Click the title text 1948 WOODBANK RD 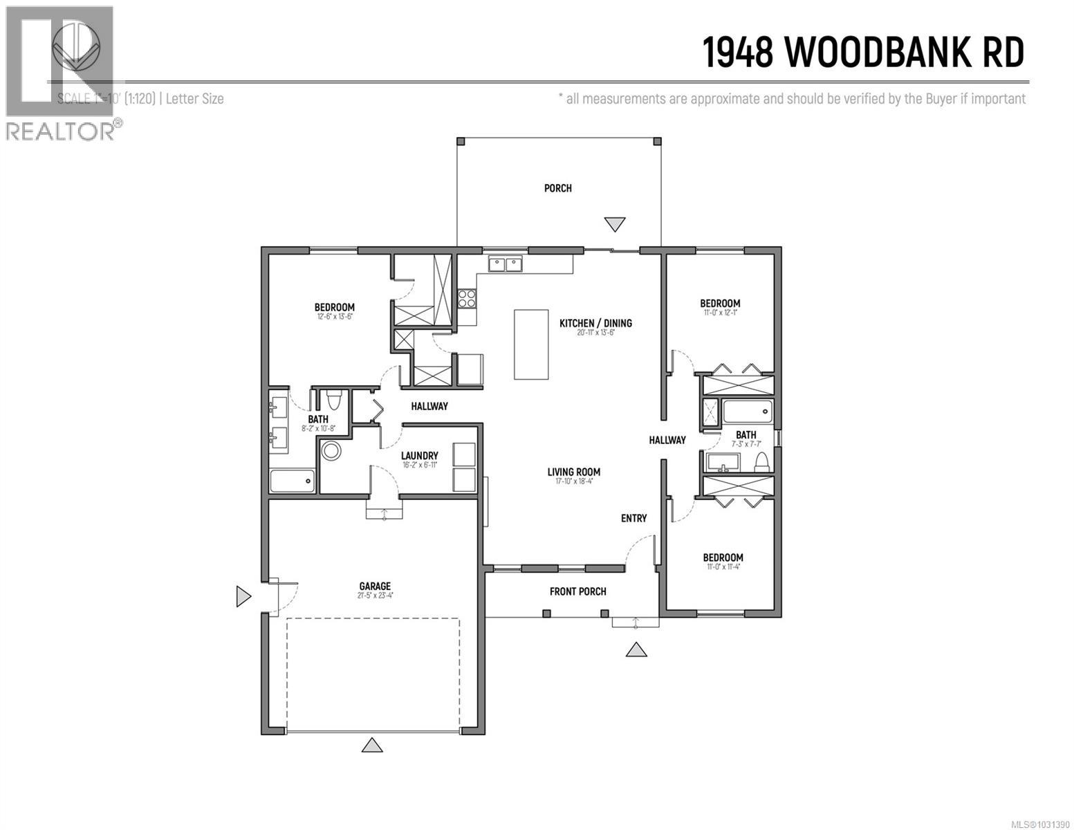[863, 53]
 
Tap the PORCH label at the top [557, 188]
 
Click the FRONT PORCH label [577, 591]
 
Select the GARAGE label [374, 586]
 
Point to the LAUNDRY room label [419, 456]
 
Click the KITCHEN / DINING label [595, 323]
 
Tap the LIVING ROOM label [573, 472]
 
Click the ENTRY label [633, 518]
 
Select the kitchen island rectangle [531, 344]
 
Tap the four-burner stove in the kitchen [467, 298]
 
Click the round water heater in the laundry [332, 450]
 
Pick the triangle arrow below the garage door [373, 745]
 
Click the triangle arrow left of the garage [243, 596]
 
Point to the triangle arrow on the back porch [614, 224]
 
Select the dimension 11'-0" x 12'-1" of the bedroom [720, 313]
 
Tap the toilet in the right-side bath [762, 463]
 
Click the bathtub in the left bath [292, 481]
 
